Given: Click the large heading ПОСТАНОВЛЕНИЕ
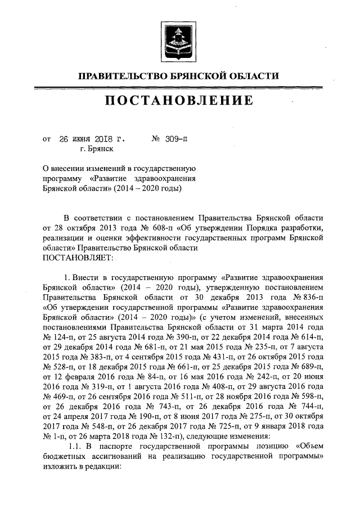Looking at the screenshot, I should pos(179,101).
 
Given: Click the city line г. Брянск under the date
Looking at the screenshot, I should pos(97,149).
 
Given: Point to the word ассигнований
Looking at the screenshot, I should pos(128,460).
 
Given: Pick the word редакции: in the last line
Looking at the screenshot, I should pos(102,470).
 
